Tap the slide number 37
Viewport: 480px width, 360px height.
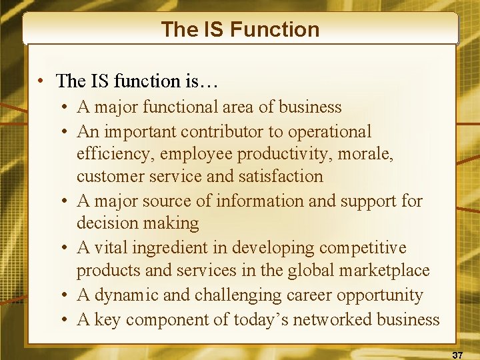pyautogui.click(x=458, y=355)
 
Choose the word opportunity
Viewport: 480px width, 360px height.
pyautogui.click(x=381, y=295)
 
